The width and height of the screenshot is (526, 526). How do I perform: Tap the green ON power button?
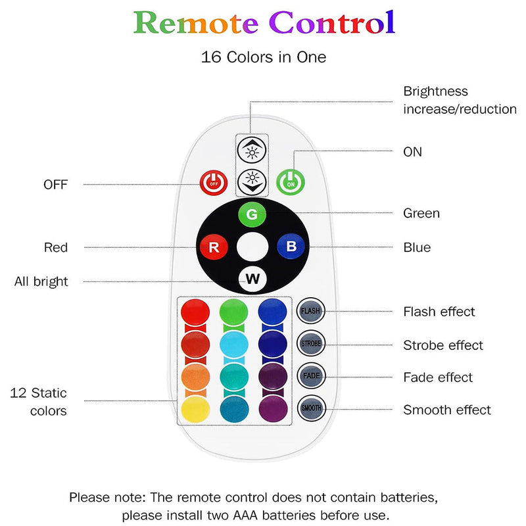click(x=290, y=180)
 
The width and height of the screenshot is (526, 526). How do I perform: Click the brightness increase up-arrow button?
click(x=252, y=150)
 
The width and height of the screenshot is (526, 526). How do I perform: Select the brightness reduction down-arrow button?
click(x=252, y=180)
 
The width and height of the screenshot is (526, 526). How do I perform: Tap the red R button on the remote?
click(x=214, y=248)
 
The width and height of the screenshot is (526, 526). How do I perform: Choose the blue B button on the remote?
click(x=290, y=247)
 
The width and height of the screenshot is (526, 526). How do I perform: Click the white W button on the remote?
click(x=252, y=279)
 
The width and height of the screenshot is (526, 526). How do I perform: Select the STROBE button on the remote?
click(x=312, y=343)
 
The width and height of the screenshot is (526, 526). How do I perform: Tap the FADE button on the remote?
click(x=312, y=375)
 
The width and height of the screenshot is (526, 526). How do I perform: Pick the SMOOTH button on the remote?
click(x=312, y=408)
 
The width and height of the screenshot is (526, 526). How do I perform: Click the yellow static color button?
click(x=195, y=409)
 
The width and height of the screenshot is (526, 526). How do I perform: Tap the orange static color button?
click(x=195, y=376)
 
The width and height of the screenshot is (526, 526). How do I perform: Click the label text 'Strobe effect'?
click(x=442, y=345)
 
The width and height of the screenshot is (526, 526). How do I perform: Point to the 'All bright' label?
click(x=41, y=281)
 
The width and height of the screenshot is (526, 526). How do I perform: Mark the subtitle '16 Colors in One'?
click(x=263, y=57)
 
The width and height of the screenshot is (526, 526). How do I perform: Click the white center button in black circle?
click(x=252, y=248)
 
